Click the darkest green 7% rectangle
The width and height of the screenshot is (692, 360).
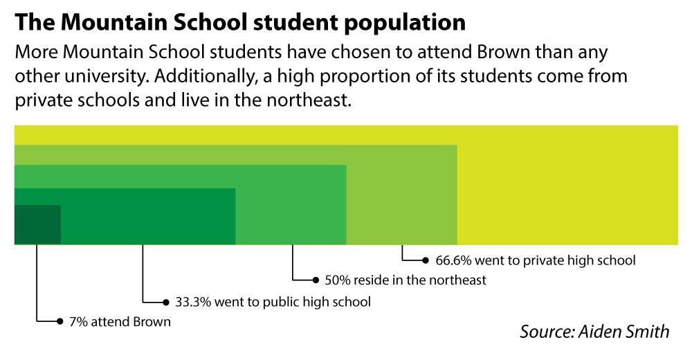pyautogui.click(x=37, y=224)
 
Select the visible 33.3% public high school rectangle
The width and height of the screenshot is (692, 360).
pyautogui.click(x=149, y=215)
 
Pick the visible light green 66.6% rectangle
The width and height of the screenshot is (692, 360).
pyautogui.click(x=401, y=194)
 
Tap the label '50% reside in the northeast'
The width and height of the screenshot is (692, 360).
pyautogui.click(x=406, y=280)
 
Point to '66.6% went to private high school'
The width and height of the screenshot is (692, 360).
pyautogui.click(x=535, y=261)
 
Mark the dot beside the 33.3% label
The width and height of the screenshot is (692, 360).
pyautogui.click(x=167, y=302)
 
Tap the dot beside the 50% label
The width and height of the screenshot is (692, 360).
pyautogui.click(x=316, y=280)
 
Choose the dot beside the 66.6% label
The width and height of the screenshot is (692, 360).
pyautogui.click(x=426, y=261)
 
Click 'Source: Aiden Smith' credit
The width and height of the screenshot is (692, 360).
pyautogui.click(x=594, y=331)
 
